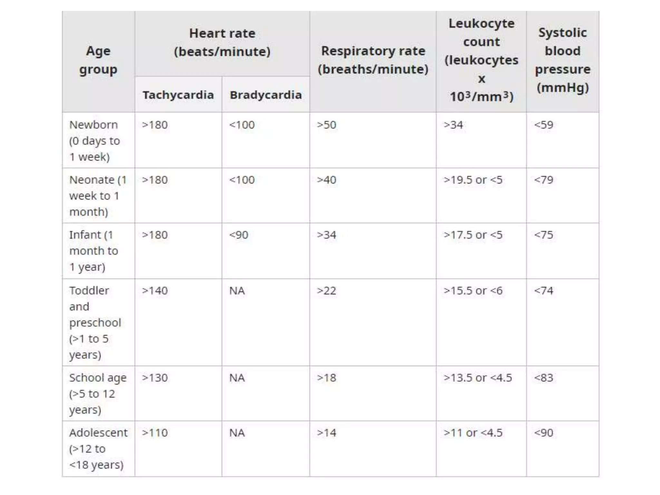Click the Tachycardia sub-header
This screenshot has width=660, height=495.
tap(178, 95)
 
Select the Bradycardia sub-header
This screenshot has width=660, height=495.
tap(266, 95)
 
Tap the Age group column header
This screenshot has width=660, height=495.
tap(98, 60)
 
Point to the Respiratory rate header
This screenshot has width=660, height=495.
tap(373, 60)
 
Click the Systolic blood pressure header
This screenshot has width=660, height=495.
tap(563, 60)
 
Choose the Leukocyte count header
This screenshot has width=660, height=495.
tap(481, 60)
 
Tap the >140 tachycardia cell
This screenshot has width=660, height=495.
tap(155, 291)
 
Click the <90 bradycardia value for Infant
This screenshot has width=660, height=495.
tap(239, 235)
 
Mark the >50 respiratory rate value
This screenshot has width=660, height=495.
tap(326, 125)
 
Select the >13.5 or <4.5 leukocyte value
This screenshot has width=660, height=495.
tap(478, 378)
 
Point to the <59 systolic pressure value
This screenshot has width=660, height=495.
tap(544, 125)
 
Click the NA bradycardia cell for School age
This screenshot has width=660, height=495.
tap(237, 378)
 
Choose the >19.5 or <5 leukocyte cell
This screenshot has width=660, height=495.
tap(473, 180)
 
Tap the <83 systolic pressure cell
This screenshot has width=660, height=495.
tap(544, 378)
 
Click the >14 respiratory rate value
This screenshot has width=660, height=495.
tap(326, 433)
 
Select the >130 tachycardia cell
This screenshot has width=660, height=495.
tap(155, 378)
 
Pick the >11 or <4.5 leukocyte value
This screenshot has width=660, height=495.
tap(473, 433)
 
